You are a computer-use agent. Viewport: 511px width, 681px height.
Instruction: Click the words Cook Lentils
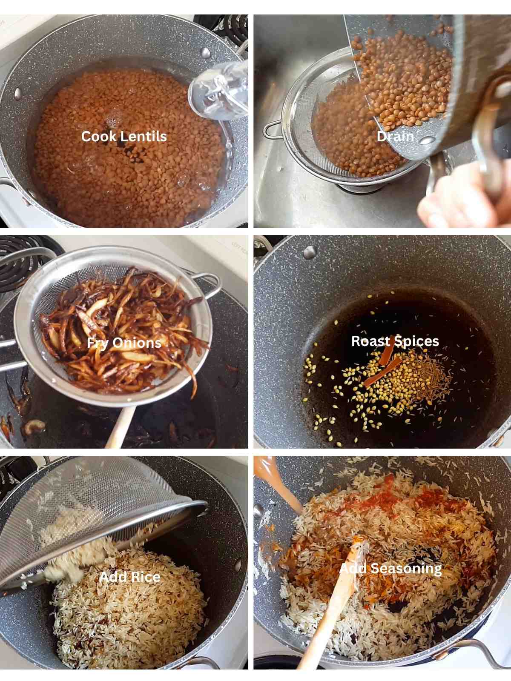pos(124,137)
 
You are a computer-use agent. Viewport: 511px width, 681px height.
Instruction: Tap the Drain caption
pos(395,137)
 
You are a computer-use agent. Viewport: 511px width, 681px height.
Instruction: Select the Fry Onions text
pos(124,343)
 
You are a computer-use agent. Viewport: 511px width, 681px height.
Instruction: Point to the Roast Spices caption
pos(395,341)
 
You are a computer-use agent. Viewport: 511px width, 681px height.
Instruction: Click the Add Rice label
pos(130,577)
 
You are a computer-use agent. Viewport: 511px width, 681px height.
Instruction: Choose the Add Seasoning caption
pos(390,568)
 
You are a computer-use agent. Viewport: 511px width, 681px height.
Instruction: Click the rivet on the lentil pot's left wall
pos(18,93)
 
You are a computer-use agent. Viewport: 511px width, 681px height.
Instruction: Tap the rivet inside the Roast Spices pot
pos(310,252)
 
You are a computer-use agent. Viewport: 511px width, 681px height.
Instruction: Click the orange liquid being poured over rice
pos(277,481)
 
